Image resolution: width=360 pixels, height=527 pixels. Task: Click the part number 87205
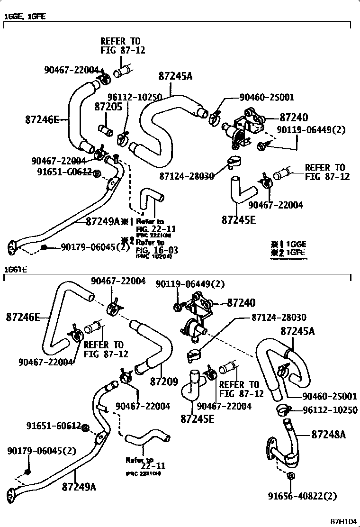tap(108, 107)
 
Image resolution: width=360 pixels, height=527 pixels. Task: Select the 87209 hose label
tap(163, 380)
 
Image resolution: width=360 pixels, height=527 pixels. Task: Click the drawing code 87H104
tap(343, 521)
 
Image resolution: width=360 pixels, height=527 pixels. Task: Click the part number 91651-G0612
tap(64, 173)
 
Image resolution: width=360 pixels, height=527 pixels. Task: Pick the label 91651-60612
tap(54, 426)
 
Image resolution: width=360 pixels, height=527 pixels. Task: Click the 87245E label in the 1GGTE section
tap(198, 418)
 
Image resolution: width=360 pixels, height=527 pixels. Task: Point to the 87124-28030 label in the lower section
tap(279, 317)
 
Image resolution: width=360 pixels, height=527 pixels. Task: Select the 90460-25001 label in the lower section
tap(329, 396)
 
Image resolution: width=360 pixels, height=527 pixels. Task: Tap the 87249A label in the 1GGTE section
tap(79, 486)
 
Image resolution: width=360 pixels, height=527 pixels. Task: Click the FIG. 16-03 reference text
tap(150, 249)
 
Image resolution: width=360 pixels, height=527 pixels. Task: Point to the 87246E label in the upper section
tap(42, 120)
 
